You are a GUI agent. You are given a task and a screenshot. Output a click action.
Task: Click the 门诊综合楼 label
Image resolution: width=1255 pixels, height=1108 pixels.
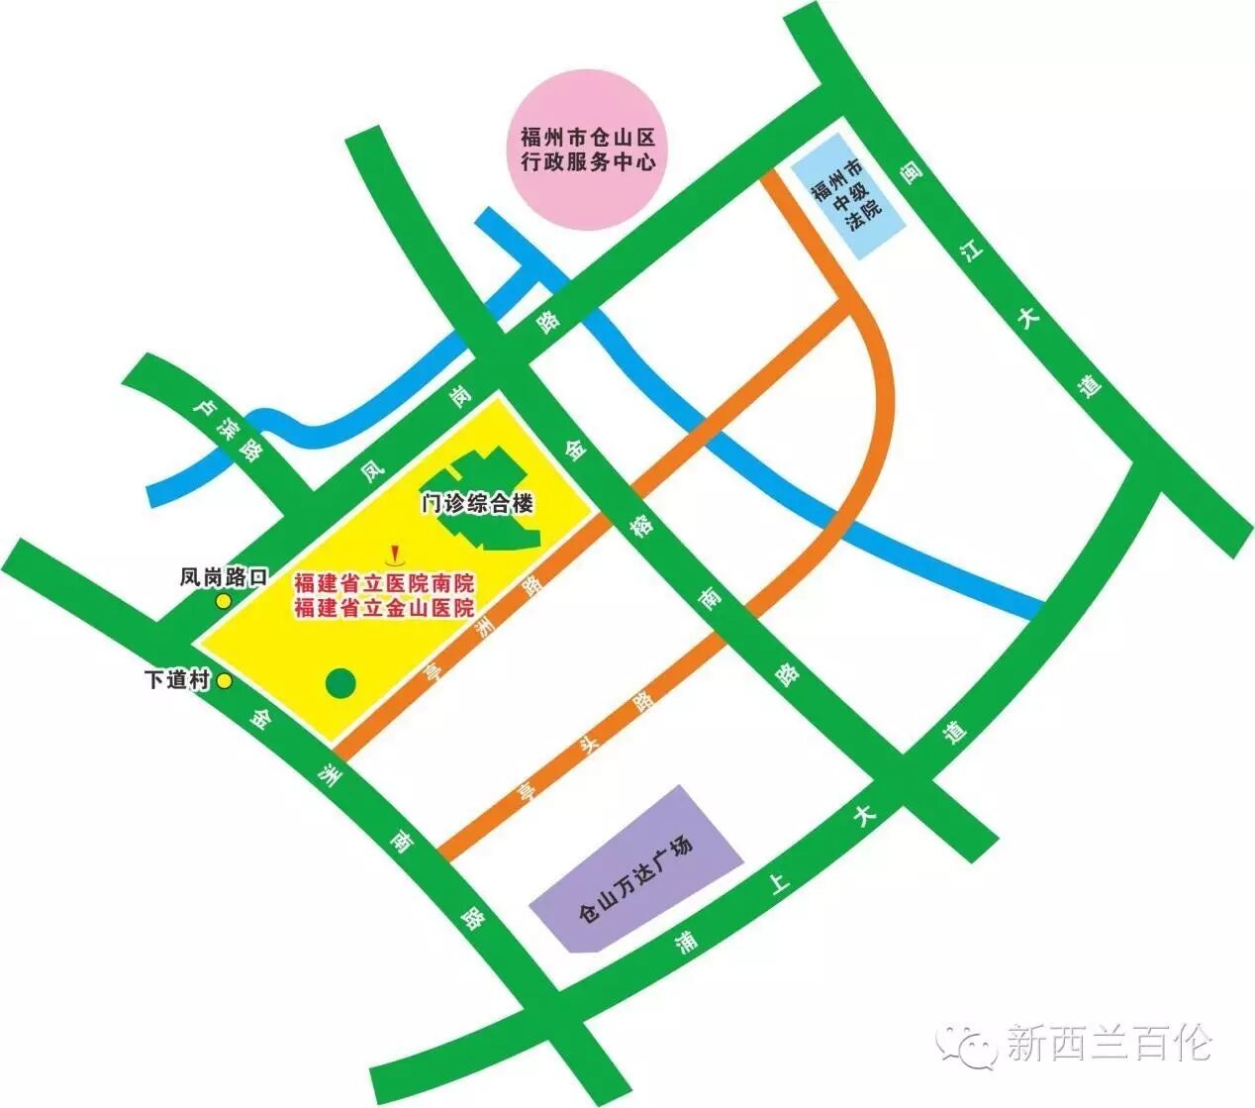477,503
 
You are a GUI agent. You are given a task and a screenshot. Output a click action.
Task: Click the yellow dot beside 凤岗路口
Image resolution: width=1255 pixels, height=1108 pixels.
224,601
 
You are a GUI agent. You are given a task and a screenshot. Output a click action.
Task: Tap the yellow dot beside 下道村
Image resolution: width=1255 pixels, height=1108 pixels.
225,681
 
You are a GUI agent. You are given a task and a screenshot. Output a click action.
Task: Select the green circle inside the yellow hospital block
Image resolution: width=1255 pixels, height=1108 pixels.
340,682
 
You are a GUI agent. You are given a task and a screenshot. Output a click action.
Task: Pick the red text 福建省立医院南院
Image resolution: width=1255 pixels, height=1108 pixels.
384,583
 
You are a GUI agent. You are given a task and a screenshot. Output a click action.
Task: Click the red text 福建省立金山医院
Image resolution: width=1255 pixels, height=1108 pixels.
384,608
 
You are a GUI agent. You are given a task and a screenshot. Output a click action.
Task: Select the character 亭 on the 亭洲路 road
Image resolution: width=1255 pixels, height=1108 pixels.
432,672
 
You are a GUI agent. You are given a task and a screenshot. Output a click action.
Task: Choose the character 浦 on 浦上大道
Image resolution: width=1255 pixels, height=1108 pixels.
684,939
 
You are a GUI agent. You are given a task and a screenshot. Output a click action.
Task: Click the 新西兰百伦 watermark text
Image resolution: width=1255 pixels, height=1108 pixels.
1109,1043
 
